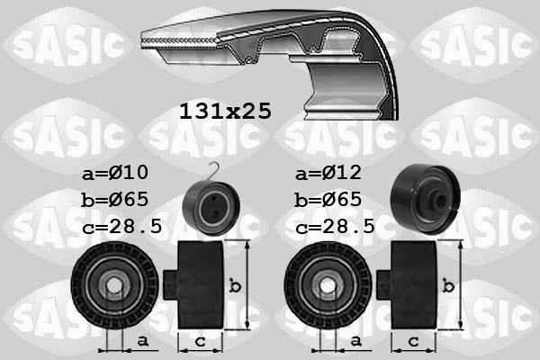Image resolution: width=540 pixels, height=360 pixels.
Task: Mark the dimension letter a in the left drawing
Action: [142, 340]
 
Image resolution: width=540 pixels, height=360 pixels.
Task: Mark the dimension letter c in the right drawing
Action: [413, 340]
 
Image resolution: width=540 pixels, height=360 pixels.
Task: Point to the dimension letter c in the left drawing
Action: [199, 340]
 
